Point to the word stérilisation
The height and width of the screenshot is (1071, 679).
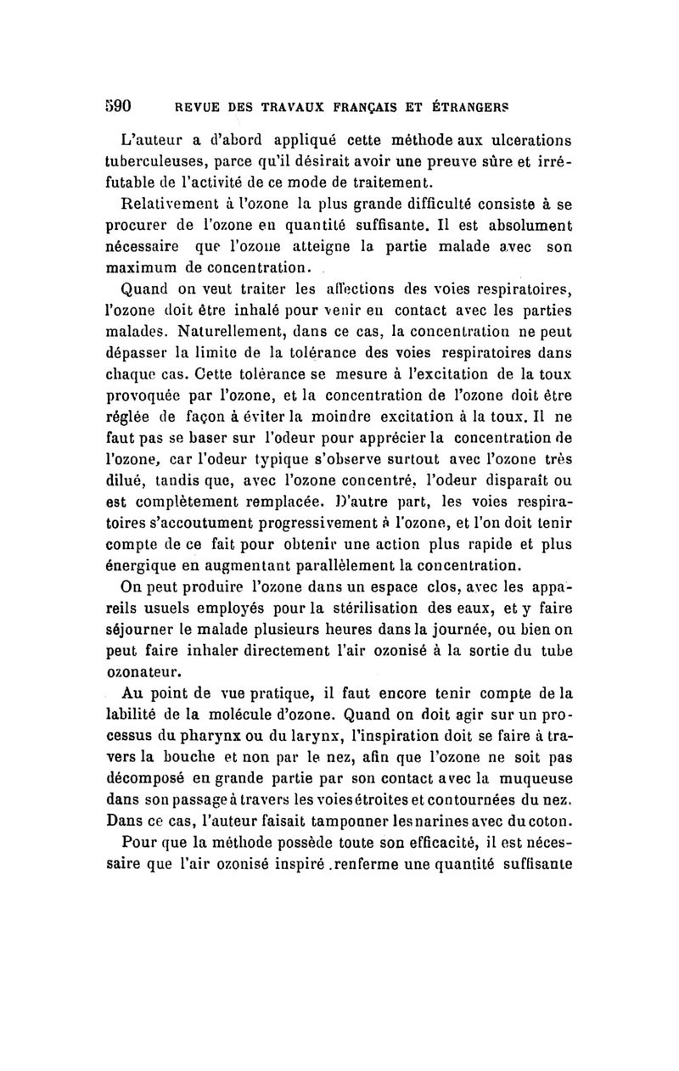(x=367, y=609)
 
